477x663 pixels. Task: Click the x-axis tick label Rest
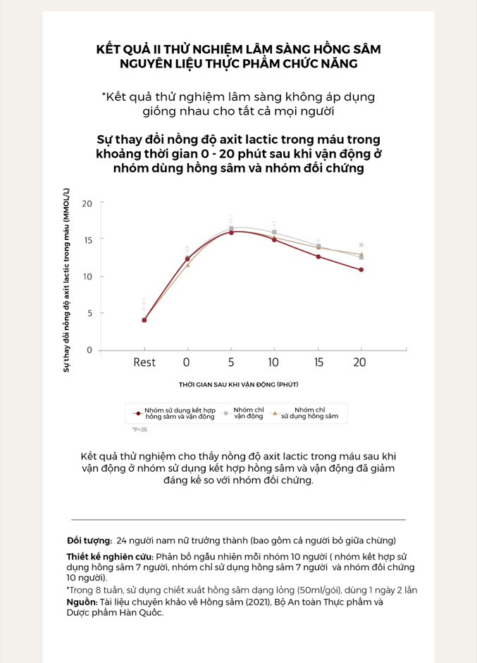click(144, 362)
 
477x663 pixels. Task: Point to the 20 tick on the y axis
click(87, 204)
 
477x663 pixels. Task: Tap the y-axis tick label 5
click(89, 313)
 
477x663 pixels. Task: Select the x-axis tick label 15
click(318, 362)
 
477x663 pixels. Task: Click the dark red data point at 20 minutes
click(361, 270)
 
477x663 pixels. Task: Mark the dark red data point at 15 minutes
click(318, 257)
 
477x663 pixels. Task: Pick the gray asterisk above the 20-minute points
click(361, 245)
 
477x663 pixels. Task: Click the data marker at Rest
click(144, 320)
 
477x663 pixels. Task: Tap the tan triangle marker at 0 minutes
click(188, 265)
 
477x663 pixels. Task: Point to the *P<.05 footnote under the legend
click(140, 429)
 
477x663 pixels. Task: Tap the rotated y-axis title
click(66, 280)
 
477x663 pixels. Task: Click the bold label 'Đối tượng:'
click(89, 541)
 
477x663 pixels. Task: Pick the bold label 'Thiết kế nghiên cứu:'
click(110, 557)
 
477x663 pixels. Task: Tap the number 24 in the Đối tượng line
click(121, 541)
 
